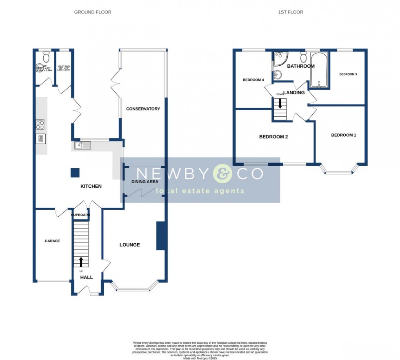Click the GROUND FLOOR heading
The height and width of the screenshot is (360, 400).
(93, 12)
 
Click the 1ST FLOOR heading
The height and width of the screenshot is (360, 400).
(291, 12)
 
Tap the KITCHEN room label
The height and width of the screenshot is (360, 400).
(91, 186)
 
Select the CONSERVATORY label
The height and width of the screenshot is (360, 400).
(143, 109)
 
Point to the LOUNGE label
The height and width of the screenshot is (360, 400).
(130, 245)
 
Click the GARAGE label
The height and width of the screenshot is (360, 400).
(52, 241)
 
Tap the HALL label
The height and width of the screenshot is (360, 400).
(87, 278)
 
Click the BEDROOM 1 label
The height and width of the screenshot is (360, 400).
(343, 135)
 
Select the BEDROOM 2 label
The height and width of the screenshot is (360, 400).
(273, 137)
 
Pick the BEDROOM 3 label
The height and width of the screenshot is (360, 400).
(348, 74)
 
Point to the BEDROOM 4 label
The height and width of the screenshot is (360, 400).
(253, 80)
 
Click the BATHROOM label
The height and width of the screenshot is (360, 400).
(301, 66)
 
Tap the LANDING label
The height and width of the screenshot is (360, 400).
(294, 93)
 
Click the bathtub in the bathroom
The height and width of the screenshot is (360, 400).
(320, 70)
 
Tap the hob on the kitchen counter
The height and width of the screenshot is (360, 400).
(40, 124)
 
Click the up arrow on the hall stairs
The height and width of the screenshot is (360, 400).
(81, 261)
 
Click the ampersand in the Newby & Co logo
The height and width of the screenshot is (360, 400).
(223, 174)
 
